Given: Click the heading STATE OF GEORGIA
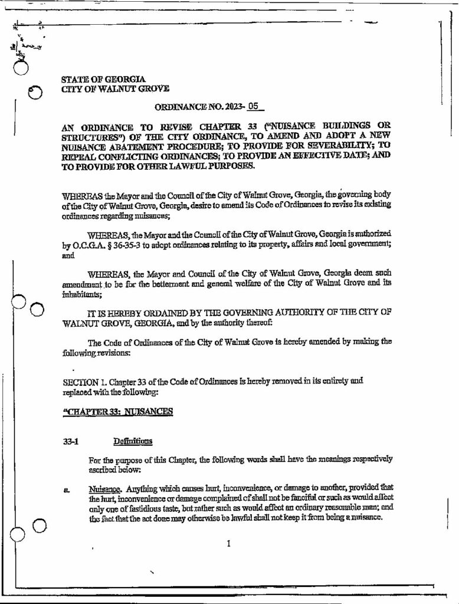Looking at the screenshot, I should click(103, 79).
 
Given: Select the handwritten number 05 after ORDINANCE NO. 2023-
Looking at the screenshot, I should click(254, 108).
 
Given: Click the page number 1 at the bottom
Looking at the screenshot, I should click(228, 543).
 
